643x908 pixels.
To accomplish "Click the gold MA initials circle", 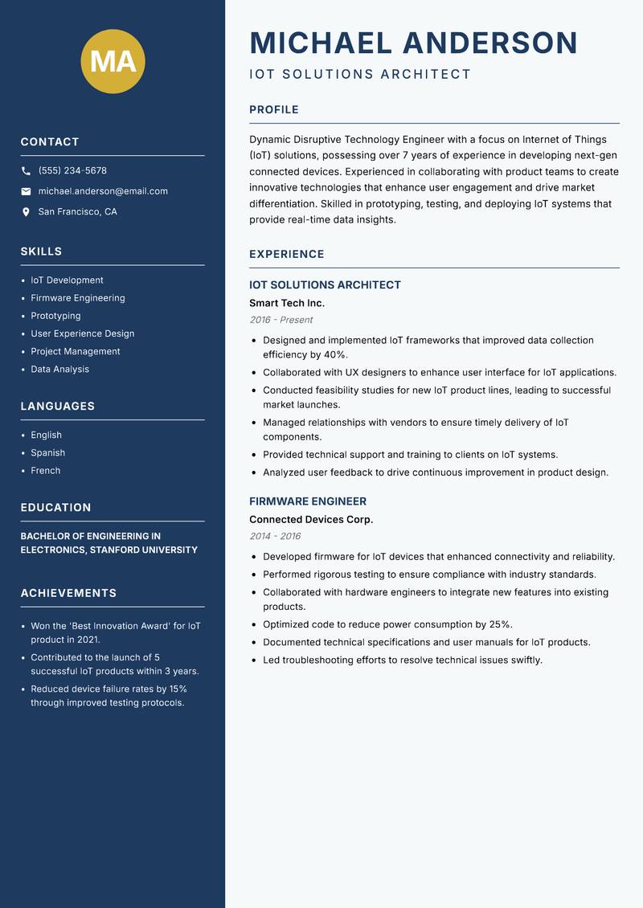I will pos(113,61).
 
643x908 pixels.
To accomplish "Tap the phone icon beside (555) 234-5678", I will pos(26,171).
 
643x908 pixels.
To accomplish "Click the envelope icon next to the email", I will pos(26,191).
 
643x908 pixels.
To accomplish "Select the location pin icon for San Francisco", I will pos(26,212).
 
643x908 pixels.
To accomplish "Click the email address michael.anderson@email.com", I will pos(103,191).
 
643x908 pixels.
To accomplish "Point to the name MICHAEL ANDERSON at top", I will pos(413,43).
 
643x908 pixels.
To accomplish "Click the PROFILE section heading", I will pos(273,110).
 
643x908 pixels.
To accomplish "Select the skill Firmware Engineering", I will pos(78,298).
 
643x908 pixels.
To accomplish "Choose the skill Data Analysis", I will pos(59,370).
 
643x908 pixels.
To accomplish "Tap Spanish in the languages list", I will pos(48,453).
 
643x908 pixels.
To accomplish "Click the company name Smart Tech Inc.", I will pos(287,303).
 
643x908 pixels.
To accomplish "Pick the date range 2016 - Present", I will pos(281,320).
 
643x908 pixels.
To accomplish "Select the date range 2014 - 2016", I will pos(275,537).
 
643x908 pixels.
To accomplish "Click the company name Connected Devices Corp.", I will pos(311,520).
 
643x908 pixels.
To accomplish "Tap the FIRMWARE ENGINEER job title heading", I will pos(308,501).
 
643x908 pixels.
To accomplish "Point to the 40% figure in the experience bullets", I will pos(336,355).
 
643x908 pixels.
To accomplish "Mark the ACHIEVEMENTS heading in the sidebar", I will pos(68,593).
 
